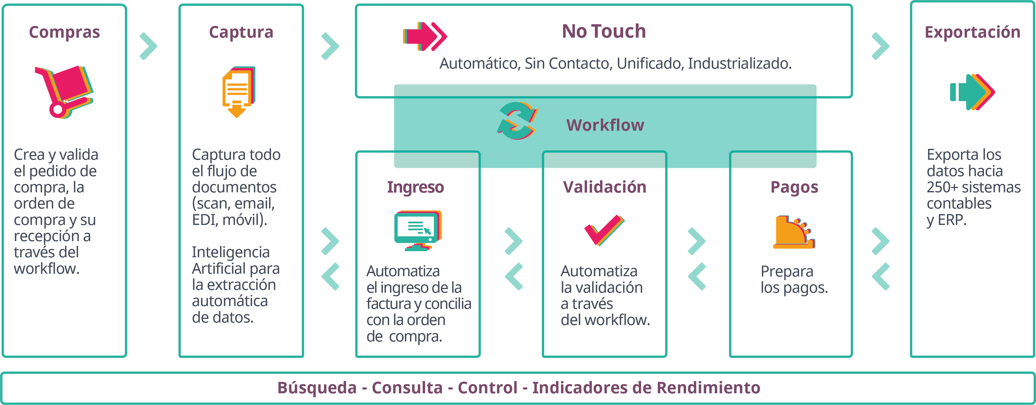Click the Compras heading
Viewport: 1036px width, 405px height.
point(64,32)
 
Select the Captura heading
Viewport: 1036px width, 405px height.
point(241,32)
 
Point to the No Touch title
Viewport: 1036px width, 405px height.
point(604,31)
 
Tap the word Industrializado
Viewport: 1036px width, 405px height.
point(739,64)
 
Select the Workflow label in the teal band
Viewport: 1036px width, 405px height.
point(605,125)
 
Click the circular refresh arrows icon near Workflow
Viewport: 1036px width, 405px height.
point(517,121)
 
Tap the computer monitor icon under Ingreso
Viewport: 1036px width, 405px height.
point(418,230)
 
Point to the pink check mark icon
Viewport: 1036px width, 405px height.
point(604,230)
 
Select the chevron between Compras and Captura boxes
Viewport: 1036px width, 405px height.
point(148,46)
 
